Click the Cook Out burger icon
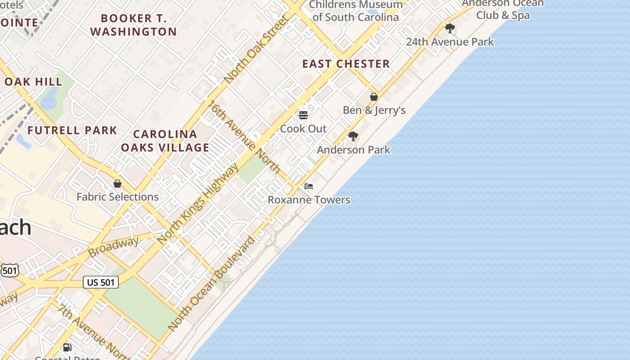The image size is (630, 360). point(303,115)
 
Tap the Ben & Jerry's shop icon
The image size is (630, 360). point(374,97)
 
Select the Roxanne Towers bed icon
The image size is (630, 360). point(309,186)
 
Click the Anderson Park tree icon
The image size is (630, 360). point(353,136)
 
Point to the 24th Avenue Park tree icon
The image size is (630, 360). point(450,28)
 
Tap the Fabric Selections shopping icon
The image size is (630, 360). point(117,184)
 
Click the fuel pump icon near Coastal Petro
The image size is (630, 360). point(67,347)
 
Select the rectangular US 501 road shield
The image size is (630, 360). point(101,282)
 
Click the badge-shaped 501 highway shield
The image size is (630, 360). point(9,270)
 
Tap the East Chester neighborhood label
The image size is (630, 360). point(346,64)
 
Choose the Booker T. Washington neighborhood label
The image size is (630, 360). point(134,25)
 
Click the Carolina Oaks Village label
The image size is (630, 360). point(165,140)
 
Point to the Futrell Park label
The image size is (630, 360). point(72,130)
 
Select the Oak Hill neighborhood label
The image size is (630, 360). point(33,82)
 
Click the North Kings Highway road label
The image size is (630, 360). point(198,204)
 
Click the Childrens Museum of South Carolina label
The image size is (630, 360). point(355,11)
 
